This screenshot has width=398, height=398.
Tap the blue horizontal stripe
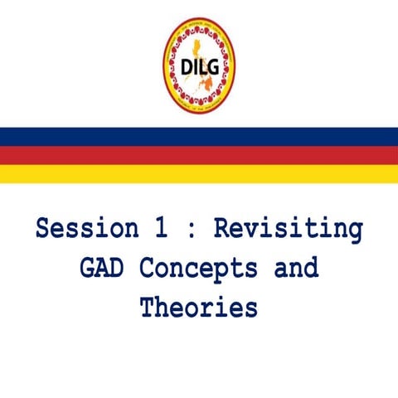[199, 137]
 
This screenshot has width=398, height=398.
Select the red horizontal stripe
[199, 155]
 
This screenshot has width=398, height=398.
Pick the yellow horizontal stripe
[199, 174]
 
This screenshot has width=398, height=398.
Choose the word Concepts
[197, 269]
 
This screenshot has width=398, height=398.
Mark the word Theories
[199, 308]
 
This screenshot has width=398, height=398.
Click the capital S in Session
[44, 229]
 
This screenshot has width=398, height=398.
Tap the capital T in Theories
[148, 308]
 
